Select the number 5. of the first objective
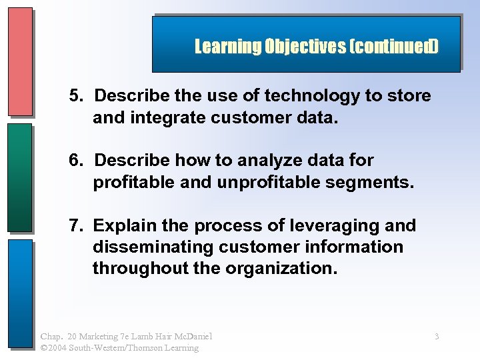pos(78,96)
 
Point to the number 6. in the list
pos(78,161)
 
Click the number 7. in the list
pos(78,226)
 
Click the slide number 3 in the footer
pos(437,337)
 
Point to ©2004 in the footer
pos(56,347)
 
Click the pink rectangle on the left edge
pos(20,61)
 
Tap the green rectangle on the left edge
pos(20,177)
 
